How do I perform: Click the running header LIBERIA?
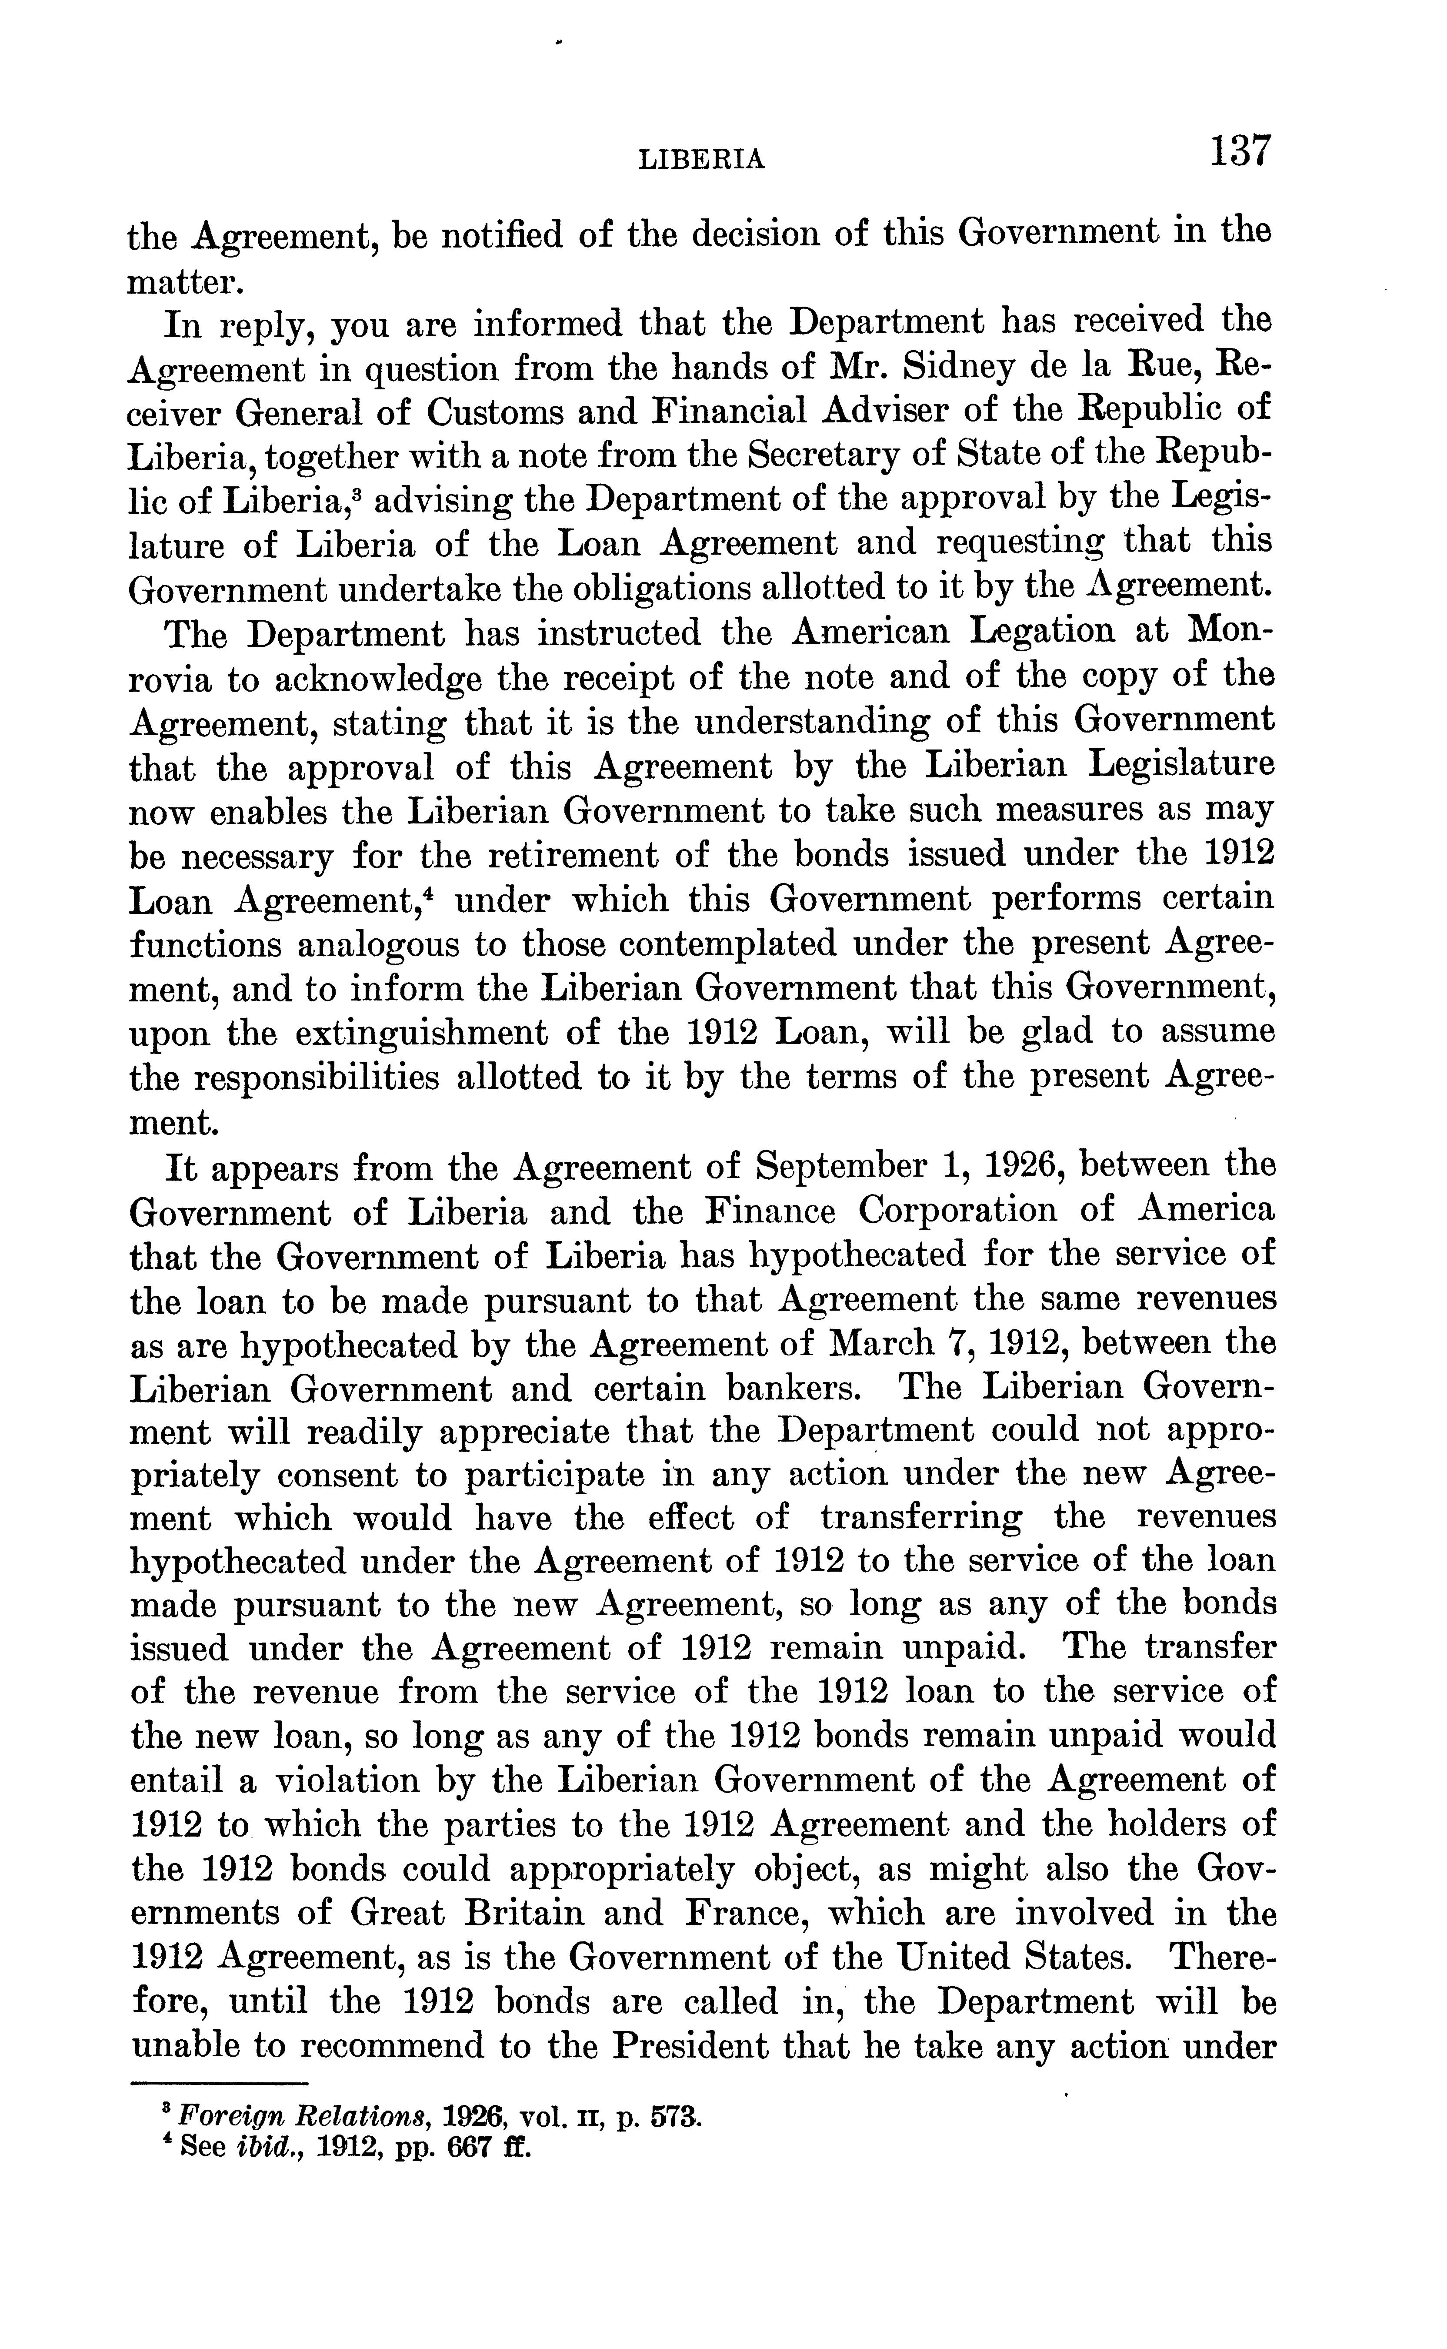701,160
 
